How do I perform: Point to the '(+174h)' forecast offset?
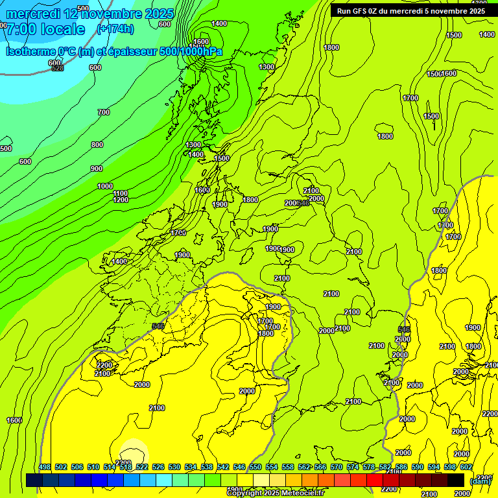coord(115,29)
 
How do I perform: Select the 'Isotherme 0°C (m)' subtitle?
coord(49,51)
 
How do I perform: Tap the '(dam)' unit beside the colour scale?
coord(480,480)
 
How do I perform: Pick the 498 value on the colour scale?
coord(45,467)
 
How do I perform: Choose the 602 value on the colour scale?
coord(466,467)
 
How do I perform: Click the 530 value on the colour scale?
coord(174,467)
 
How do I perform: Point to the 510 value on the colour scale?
coord(93,467)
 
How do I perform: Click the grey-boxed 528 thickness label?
coord(58,68)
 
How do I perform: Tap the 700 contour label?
coord(103,112)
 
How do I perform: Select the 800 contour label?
coord(97,145)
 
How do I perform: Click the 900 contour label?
coord(97,169)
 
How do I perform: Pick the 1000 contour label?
coord(105,186)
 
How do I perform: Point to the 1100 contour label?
coord(121,193)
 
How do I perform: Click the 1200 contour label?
coord(121,200)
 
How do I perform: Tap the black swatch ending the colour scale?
coord(456,480)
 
